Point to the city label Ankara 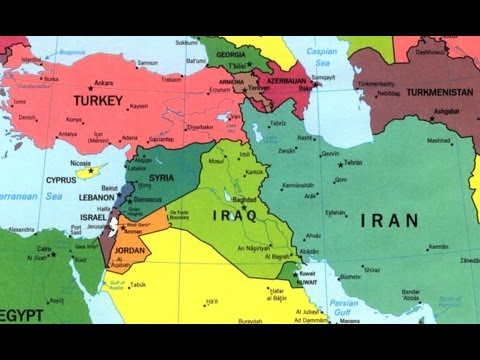pyautogui.click(x=103, y=83)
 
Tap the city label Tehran pyautogui.click(x=351, y=162)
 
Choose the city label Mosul pyautogui.click(x=215, y=160)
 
